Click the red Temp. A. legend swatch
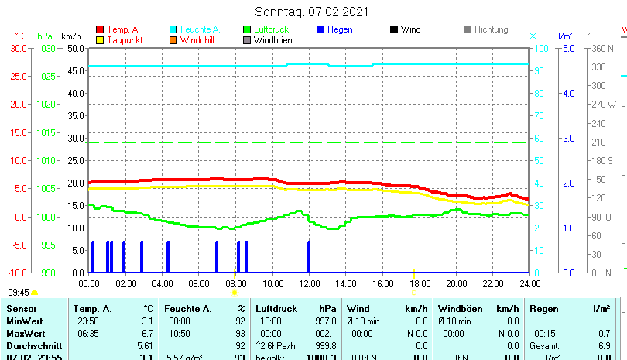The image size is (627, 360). [100, 29]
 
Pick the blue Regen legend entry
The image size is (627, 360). [340, 29]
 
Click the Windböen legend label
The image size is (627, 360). [272, 40]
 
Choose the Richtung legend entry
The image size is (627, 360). [491, 29]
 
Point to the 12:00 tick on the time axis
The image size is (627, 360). [309, 283]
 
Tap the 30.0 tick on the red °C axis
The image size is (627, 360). [19, 48]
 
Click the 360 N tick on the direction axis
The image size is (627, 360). [601, 48]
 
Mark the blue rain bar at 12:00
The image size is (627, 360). [309, 256]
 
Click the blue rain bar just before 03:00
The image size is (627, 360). [142, 256]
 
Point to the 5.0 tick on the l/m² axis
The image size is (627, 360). [567, 48]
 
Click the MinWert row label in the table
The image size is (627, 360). [24, 321]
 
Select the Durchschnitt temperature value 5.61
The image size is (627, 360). [145, 345]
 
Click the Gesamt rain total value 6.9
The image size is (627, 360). [605, 345]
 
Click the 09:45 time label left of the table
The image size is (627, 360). [19, 293]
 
